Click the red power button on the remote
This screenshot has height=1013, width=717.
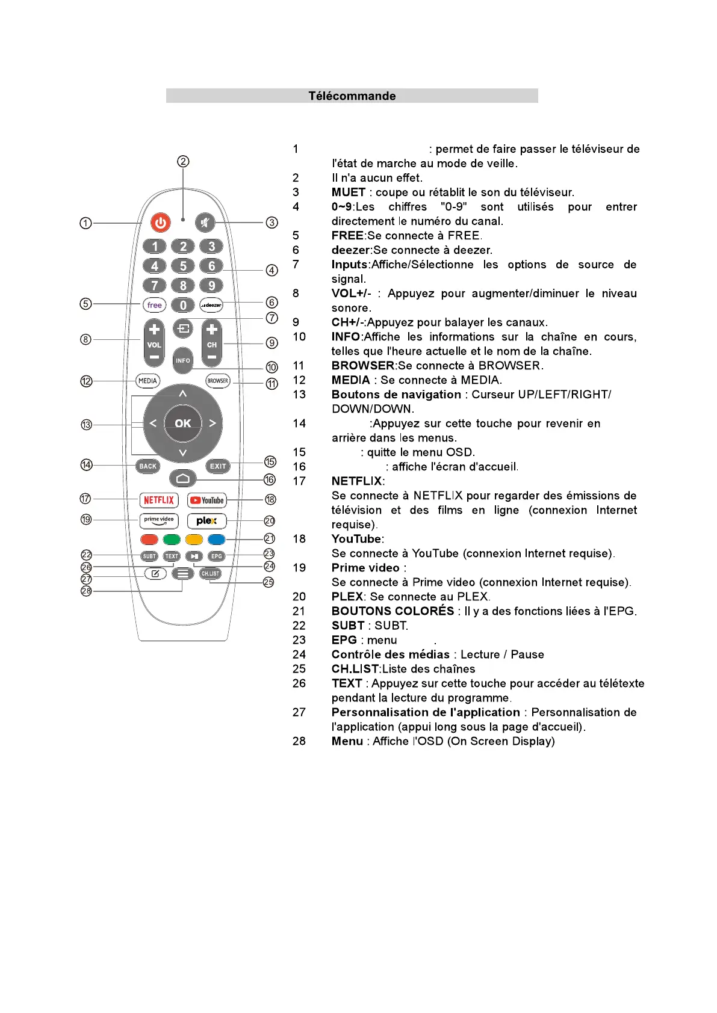click(x=160, y=223)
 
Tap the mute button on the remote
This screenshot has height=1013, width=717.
click(x=205, y=223)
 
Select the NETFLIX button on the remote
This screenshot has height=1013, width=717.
click(x=159, y=500)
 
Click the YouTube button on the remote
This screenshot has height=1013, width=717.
click(x=206, y=500)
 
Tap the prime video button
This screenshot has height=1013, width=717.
click(x=159, y=520)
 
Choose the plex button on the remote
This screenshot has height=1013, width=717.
click(x=206, y=520)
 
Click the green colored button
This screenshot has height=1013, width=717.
click(x=172, y=540)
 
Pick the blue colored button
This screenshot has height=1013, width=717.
click(x=217, y=540)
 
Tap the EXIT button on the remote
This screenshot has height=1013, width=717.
click(x=218, y=466)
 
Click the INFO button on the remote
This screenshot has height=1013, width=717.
click(x=183, y=360)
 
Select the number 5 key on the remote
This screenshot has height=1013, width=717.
click(x=183, y=266)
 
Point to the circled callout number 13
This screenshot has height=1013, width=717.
click(x=86, y=425)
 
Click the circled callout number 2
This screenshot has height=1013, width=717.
click(x=183, y=161)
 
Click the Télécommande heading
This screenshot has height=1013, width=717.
click(x=352, y=96)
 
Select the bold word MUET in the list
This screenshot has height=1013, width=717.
click(x=348, y=192)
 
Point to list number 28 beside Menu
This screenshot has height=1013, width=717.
click(x=299, y=741)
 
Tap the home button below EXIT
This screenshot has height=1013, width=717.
click(x=183, y=479)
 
